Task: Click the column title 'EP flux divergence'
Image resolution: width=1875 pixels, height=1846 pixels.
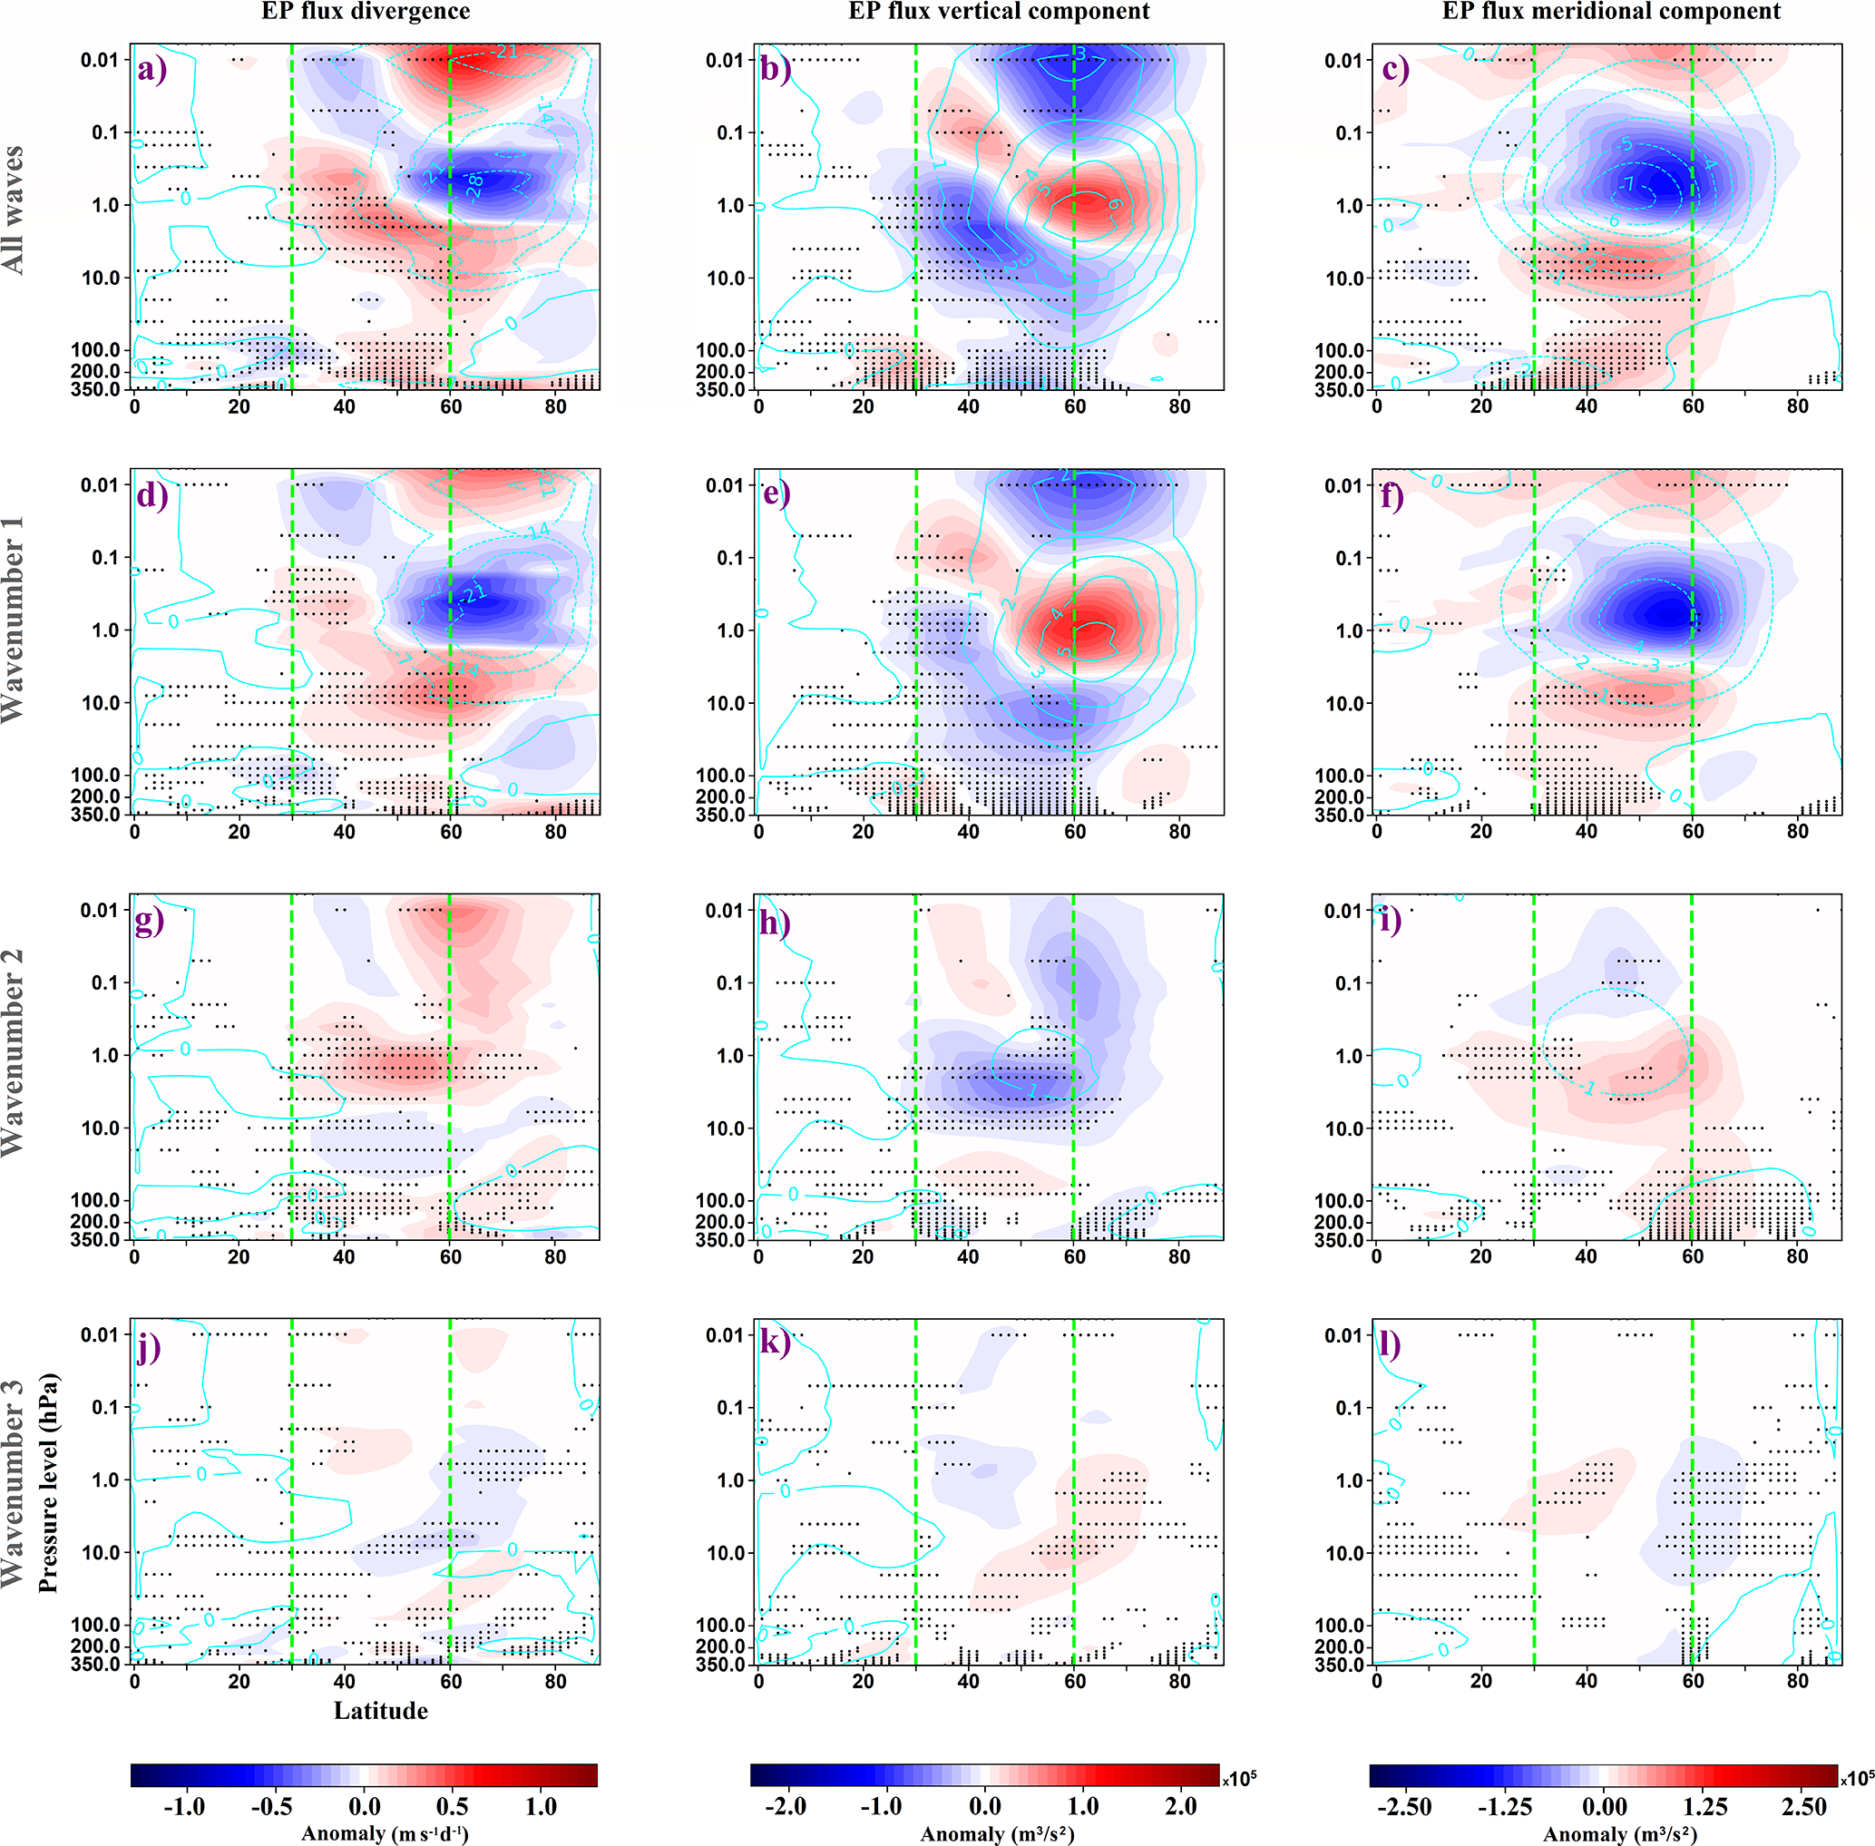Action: (x=366, y=12)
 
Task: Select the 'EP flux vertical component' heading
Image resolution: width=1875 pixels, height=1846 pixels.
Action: (x=999, y=12)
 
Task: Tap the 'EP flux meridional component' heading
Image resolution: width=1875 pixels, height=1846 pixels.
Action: (x=1611, y=12)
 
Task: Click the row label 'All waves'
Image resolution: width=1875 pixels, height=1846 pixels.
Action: (x=14, y=210)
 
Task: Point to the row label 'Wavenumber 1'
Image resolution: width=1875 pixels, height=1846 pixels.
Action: (x=14, y=620)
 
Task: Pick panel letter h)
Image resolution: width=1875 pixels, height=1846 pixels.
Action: (x=773, y=921)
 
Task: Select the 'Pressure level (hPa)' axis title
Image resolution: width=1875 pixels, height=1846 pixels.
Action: (x=48, y=1483)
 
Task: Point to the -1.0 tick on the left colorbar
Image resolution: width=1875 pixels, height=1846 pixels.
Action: (x=183, y=1806)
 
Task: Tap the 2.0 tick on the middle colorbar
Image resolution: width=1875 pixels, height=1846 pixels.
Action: (x=1180, y=1806)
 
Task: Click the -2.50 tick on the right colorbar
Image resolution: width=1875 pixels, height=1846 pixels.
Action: (x=1404, y=1806)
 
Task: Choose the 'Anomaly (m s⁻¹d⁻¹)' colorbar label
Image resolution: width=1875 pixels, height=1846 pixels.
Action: (x=384, y=1833)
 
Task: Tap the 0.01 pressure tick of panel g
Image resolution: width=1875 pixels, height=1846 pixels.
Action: (x=99, y=911)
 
